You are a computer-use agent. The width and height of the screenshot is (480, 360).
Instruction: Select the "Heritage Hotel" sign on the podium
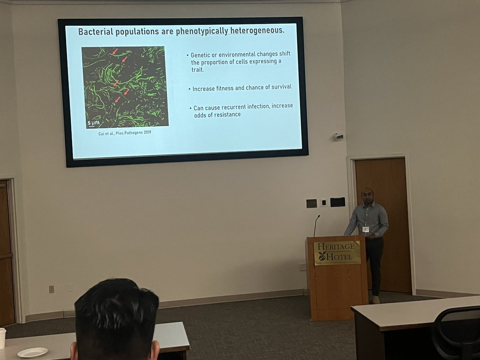coord(337,252)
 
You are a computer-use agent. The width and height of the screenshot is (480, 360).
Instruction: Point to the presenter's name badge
coord(365,229)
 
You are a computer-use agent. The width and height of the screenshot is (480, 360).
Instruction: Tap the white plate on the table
coord(33,352)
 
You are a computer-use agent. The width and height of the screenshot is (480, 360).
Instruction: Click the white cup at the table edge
coord(2,338)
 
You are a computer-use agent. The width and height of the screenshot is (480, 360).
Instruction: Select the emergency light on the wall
coord(338,137)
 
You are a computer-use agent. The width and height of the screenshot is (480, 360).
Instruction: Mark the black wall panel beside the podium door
coord(338,202)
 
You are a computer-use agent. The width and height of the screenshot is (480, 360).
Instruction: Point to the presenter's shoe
coord(376,300)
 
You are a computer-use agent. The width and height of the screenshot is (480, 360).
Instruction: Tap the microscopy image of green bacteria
coord(124,87)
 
